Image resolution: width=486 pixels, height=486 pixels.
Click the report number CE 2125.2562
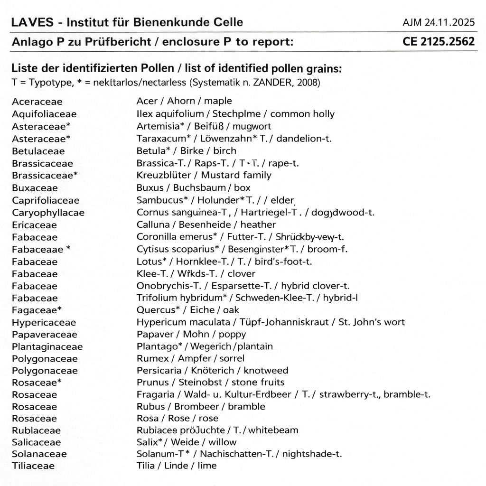pyautogui.click(x=438, y=42)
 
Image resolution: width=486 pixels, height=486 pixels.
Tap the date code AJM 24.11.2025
pyautogui.click(x=438, y=22)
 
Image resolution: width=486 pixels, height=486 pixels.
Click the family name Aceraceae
pyautogui.click(x=37, y=102)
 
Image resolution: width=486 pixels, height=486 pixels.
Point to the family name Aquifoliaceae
pyautogui.click(x=44, y=114)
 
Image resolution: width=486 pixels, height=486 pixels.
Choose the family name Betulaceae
pyautogui.click(x=38, y=151)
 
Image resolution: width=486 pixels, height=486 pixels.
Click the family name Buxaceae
pyautogui.click(x=35, y=188)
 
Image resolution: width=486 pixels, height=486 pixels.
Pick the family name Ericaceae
pyautogui.click(x=34, y=225)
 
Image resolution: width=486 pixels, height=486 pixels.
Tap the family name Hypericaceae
pyautogui.click(x=44, y=323)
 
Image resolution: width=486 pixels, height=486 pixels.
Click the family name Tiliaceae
pyautogui.click(x=33, y=466)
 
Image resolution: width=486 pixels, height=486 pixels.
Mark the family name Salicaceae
pyautogui.click(x=37, y=442)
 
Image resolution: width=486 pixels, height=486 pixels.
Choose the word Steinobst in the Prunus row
pyautogui.click(x=199, y=382)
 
